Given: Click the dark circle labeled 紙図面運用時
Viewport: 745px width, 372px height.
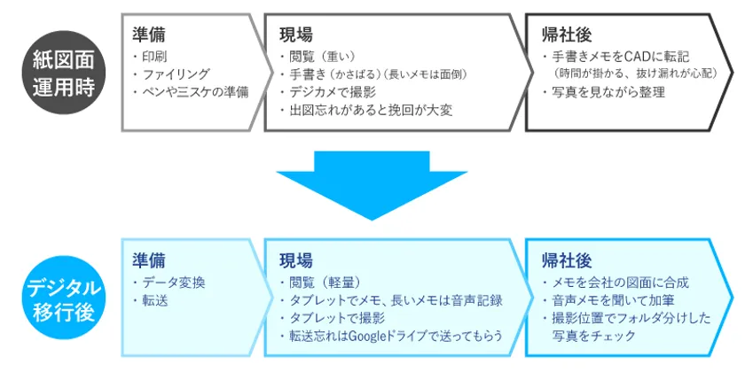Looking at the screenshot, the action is point(64,72).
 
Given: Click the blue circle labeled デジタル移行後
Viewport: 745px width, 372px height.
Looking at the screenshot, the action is point(64,298).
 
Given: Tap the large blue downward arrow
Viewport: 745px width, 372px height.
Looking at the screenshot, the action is point(372,185).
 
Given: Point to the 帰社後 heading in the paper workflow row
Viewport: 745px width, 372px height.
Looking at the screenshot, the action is point(567,35).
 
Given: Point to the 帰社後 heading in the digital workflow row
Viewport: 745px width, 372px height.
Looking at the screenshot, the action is point(567,260).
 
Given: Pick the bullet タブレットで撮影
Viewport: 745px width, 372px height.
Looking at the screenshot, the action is point(332,318).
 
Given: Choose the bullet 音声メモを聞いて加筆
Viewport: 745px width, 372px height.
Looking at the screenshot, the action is point(608,300).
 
